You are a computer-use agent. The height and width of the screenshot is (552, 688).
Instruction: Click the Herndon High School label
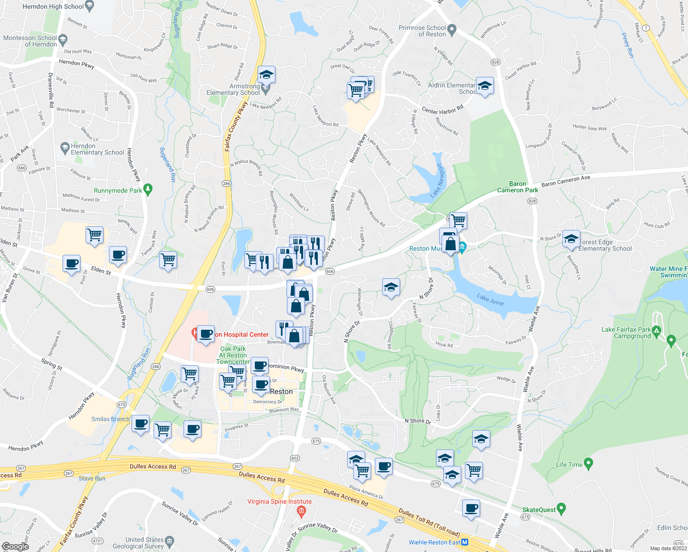click(53, 6)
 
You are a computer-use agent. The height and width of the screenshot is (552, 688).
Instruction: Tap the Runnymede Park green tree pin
click(148, 189)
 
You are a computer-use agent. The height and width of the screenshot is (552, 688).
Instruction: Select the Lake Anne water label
click(490, 300)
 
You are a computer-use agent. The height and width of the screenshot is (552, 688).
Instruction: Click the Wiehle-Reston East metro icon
click(465, 542)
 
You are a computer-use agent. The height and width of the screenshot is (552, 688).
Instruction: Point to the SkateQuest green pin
click(561, 508)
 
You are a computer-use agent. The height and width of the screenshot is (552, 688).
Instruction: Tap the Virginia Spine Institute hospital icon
click(301, 510)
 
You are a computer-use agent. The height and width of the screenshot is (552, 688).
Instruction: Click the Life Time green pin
click(588, 463)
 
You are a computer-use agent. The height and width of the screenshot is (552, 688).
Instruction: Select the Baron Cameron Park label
click(517, 187)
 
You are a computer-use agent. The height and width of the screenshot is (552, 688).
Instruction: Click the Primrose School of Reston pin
click(452, 30)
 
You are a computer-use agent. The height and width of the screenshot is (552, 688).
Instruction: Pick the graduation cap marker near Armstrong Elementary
click(266, 75)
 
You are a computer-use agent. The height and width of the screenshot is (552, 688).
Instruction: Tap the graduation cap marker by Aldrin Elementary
click(485, 86)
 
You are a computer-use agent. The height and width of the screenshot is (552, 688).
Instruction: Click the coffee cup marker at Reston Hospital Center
click(206, 333)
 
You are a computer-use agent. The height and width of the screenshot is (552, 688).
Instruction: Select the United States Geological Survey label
click(144, 543)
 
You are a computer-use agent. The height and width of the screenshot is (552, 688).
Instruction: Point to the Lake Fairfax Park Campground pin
click(656, 331)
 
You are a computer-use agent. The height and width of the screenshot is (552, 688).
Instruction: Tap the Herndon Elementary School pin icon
click(65, 148)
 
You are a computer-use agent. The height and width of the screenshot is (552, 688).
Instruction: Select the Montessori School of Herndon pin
click(63, 39)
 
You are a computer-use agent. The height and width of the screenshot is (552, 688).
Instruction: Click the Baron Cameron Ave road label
click(565, 181)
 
